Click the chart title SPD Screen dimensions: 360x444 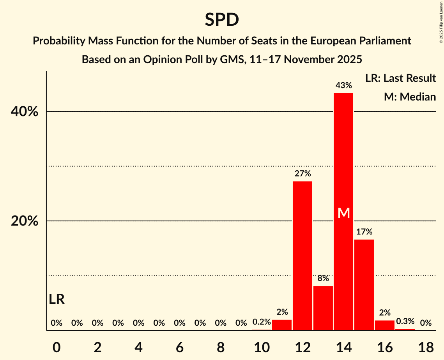coord(222,19)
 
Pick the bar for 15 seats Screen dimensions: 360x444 coord(364,285)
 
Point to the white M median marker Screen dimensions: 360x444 coord(343,213)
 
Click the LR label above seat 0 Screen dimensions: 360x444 coord(57,299)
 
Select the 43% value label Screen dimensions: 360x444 coord(343,85)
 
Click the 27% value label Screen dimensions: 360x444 coord(302,173)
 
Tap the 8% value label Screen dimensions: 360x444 coord(323,278)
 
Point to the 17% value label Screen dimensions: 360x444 coord(364,231)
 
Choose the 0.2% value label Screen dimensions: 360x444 coord(262,322)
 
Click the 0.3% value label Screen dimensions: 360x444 coord(405,321)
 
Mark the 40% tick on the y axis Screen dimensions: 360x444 coord(25,112)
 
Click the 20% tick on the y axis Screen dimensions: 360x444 coord(25,221)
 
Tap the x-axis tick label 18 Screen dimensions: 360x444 coord(426,347)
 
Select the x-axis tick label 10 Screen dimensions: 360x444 coord(262,347)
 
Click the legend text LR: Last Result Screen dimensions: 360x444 coord(400,78)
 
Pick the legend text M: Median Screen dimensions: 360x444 coord(410,97)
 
